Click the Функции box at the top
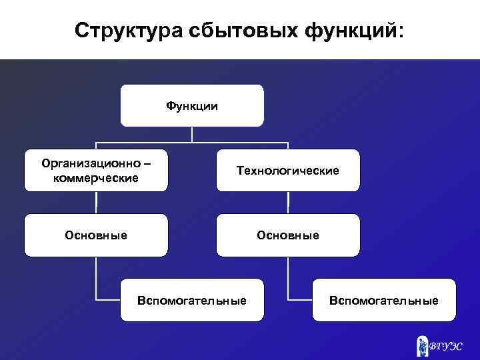192,105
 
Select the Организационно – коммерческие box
96,171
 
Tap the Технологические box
288,171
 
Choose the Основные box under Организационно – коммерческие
96,235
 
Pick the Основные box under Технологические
288,235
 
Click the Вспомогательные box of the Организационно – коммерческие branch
192,301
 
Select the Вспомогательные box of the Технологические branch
384,301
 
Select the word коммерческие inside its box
96,179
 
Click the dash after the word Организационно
147,164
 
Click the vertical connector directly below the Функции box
192,134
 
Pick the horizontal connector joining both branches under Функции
192,143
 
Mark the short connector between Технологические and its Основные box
288,203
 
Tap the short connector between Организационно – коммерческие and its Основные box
96,203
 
